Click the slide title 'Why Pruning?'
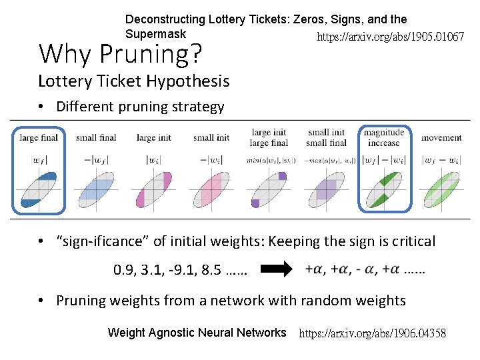point(120,54)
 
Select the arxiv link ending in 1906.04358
point(373,333)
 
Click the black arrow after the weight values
point(276,269)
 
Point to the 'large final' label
point(39,138)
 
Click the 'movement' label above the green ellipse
point(441,138)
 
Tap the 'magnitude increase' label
point(383,137)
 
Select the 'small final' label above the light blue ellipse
point(96,138)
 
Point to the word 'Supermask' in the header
point(155,33)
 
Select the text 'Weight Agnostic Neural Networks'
point(197,333)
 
